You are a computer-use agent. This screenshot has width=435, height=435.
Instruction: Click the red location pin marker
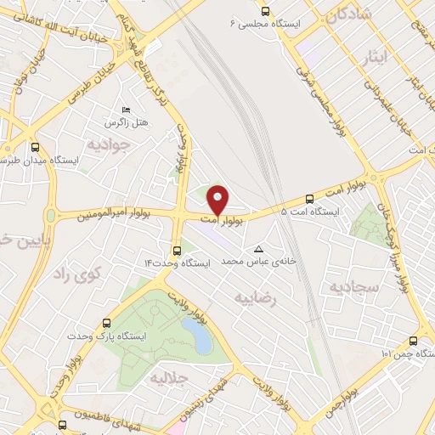(218, 200)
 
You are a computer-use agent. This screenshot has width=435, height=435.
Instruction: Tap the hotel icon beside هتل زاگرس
(127, 109)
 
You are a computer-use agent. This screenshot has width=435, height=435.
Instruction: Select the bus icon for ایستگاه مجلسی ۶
(266, 12)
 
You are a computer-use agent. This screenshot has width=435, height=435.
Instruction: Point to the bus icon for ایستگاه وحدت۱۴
(176, 250)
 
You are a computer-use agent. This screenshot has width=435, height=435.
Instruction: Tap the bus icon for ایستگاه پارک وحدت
(106, 323)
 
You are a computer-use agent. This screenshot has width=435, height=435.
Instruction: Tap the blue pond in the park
(201, 338)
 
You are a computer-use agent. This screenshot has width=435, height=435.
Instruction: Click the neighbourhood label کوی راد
(76, 273)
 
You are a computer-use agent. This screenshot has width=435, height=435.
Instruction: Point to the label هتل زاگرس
(130, 123)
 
